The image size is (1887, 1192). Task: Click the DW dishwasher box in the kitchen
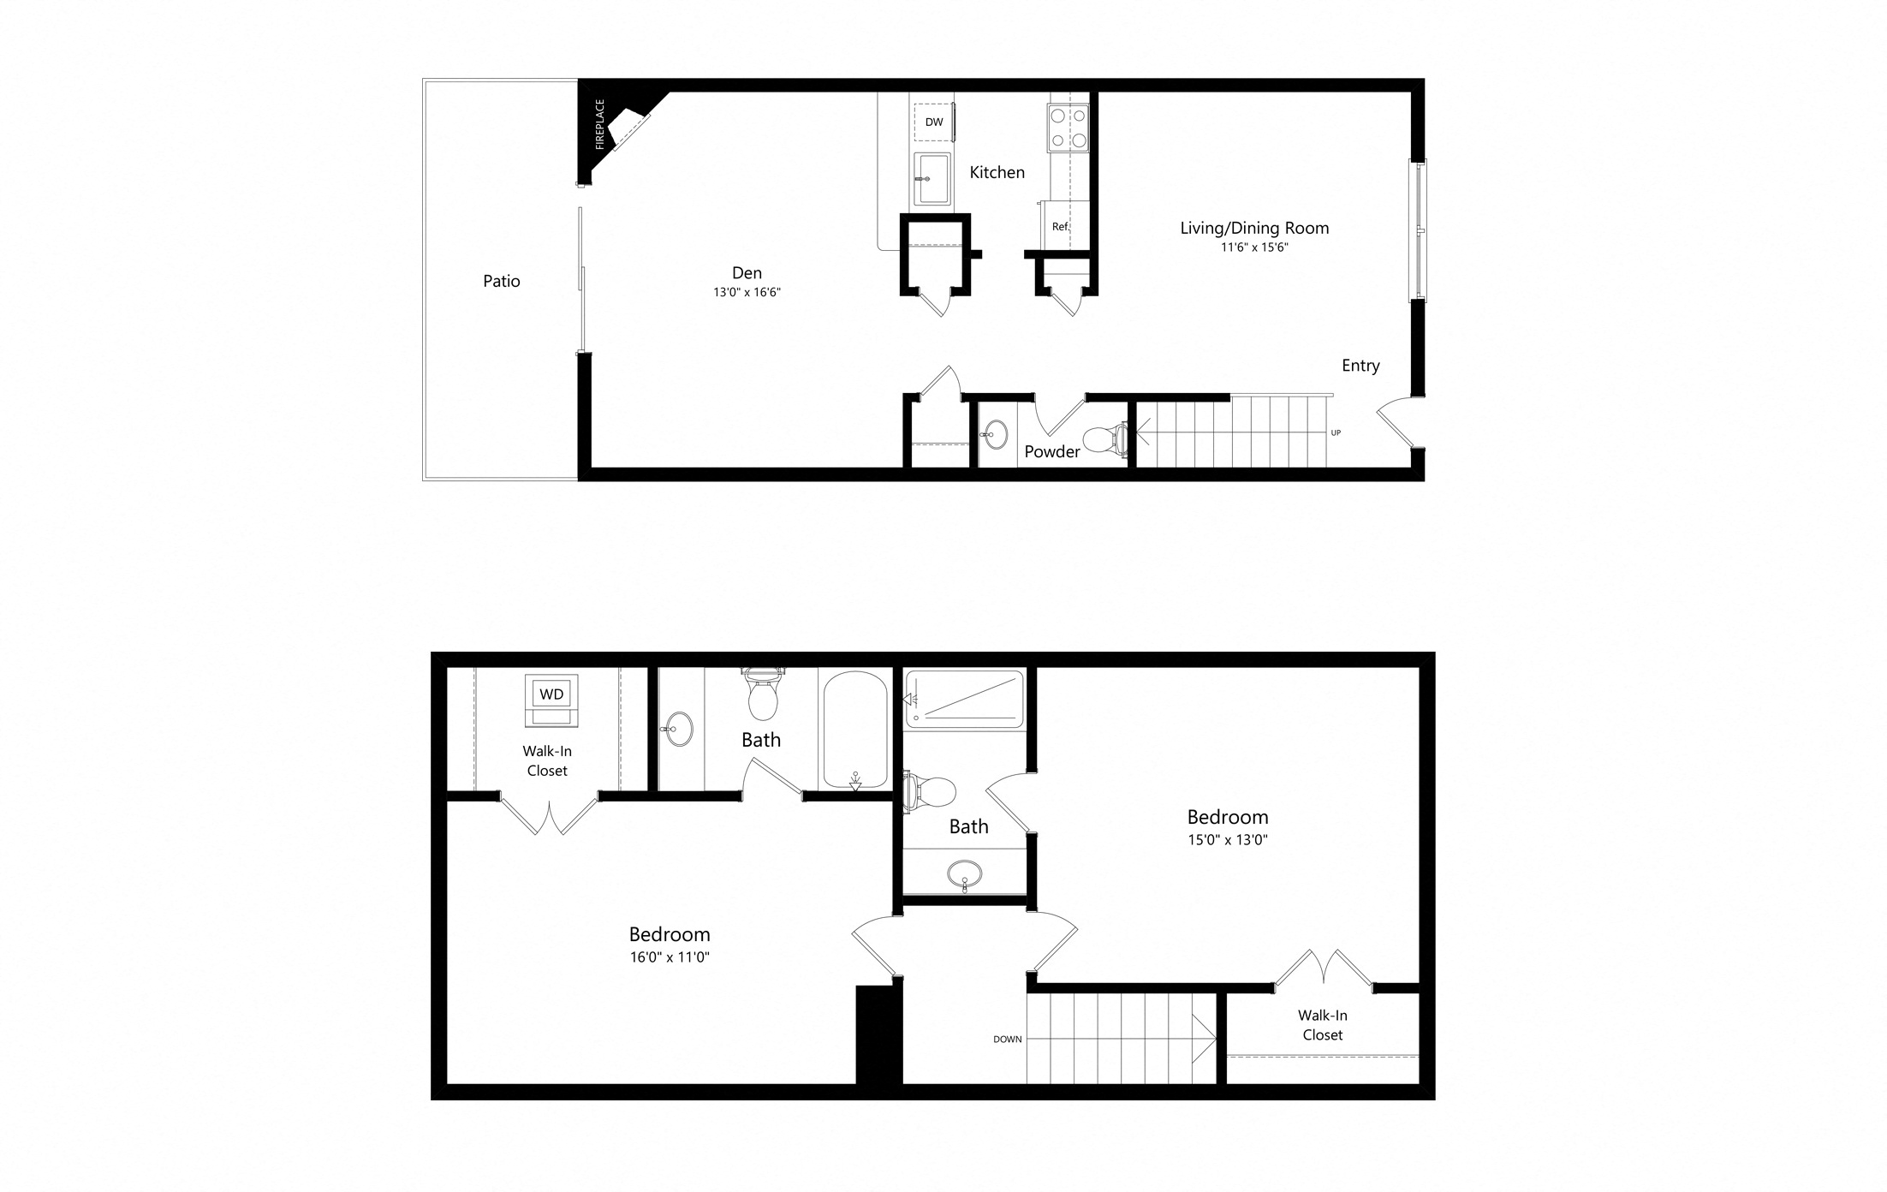[x=934, y=122]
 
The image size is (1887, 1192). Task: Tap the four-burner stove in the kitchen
[x=1068, y=128]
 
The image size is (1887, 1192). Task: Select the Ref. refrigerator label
[x=1061, y=227]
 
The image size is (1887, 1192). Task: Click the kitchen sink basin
[x=932, y=179]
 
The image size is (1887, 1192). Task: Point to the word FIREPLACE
[x=600, y=124]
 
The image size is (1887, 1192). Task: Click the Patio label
[x=502, y=281]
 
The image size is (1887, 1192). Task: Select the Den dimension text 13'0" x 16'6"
[x=747, y=292]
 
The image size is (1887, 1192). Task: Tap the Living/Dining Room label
[x=1254, y=228]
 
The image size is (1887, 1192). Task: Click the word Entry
[x=1360, y=366]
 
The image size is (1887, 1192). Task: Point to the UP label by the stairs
[x=1336, y=432]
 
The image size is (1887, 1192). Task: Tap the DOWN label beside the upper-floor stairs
[x=1008, y=1040]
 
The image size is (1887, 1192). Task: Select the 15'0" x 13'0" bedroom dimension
[x=1228, y=840]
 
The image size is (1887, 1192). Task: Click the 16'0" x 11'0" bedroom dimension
[x=670, y=957]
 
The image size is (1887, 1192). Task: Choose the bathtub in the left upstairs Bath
[x=854, y=730]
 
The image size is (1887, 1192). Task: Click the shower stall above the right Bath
[x=965, y=700]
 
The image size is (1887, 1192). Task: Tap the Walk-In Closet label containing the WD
[x=547, y=760]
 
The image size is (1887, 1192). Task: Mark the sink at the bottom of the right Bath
[x=965, y=875]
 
